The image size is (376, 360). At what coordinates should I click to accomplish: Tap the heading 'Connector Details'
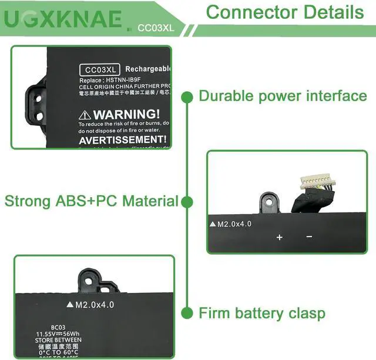(285, 12)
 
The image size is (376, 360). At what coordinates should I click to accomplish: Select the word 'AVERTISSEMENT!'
(122, 140)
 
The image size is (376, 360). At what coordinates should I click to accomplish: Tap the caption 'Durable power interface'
(283, 96)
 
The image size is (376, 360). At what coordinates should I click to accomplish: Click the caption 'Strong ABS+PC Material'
(91, 201)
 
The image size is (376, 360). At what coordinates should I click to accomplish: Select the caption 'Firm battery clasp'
(261, 313)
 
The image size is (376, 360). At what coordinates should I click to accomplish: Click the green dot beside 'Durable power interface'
(187, 96)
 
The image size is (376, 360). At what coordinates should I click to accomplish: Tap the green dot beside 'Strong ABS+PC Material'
(187, 202)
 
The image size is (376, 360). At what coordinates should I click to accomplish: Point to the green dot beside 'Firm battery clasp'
(187, 313)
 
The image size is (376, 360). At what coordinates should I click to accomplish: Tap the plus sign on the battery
(280, 237)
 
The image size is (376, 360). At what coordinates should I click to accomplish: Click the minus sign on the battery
(309, 236)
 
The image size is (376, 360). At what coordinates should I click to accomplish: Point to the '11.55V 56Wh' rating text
(58, 333)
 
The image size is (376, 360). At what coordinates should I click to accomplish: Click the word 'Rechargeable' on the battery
(147, 70)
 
